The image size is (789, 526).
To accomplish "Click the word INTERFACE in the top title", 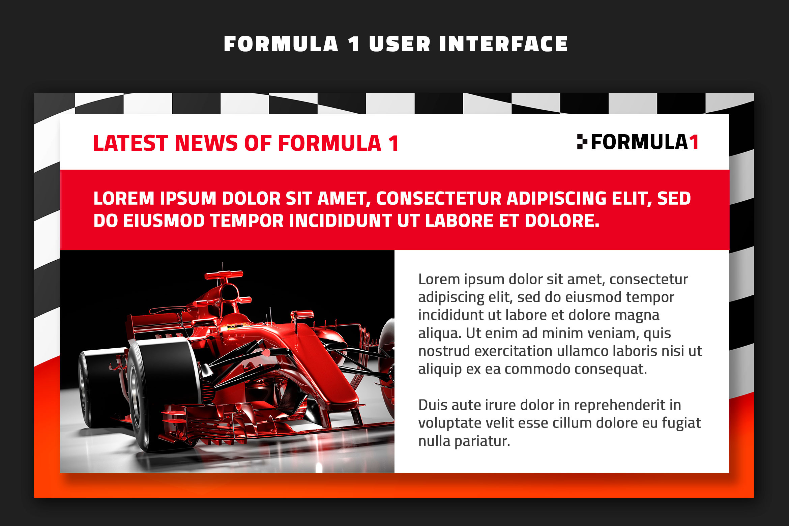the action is pyautogui.click(x=503, y=44).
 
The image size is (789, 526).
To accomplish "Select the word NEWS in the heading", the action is pyautogui.click(x=206, y=143).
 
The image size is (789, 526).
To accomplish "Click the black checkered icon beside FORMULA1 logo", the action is pyautogui.click(x=582, y=142).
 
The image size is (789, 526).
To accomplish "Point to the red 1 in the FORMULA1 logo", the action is pyautogui.click(x=694, y=142).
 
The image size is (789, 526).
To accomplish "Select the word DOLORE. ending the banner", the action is pyautogui.click(x=562, y=221).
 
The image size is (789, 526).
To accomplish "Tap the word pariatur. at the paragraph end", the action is pyautogui.click(x=482, y=441).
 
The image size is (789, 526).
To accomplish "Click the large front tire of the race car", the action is pyautogui.click(x=163, y=394).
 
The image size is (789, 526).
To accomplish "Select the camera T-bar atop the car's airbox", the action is pyautogui.click(x=224, y=275).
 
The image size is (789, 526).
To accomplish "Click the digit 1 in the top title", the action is pyautogui.click(x=354, y=44).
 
